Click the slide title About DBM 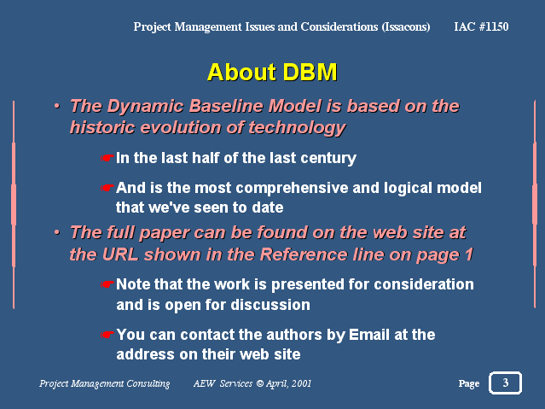[272, 73]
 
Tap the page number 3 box [506, 383]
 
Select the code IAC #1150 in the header [481, 26]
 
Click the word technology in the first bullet [297, 128]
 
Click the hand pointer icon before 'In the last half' [107, 158]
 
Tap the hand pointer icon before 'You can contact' [107, 335]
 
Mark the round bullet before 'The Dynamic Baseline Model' [57, 106]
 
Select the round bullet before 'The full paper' [57, 232]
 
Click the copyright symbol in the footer [259, 383]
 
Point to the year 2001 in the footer [301, 383]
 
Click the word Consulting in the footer [148, 383]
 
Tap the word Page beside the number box [469, 383]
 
